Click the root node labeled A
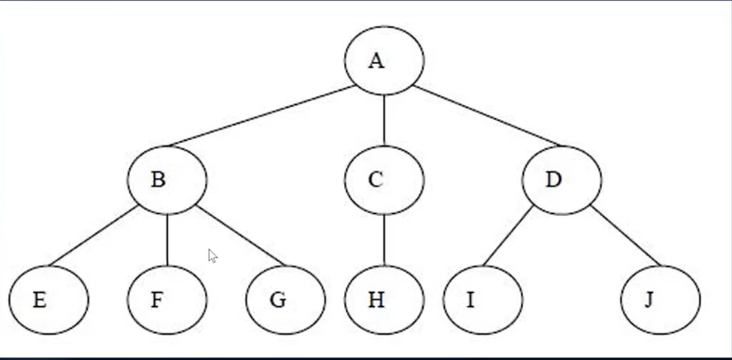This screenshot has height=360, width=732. click(384, 60)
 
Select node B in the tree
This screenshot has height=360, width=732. click(167, 180)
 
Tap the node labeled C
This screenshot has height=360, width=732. click(384, 180)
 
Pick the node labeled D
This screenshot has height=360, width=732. click(562, 180)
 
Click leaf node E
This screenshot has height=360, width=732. click(49, 300)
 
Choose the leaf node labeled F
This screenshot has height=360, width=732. click(167, 300)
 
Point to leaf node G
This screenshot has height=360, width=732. click(286, 300)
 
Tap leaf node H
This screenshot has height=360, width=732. click(384, 300)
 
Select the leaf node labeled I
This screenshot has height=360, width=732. click(483, 300)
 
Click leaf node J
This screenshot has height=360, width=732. click(660, 300)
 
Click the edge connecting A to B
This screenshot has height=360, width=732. click(262, 116)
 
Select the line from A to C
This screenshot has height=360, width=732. click(384, 120)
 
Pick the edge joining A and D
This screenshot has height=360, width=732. click(486, 116)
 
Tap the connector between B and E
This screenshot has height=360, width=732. click(94, 236)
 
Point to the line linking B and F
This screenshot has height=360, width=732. click(167, 240)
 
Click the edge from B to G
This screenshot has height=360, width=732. click(241, 236)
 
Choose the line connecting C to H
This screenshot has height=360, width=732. click(384, 240)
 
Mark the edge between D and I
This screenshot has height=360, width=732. click(508, 236)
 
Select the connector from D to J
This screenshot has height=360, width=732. click(626, 236)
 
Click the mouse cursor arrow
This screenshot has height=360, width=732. click(213, 256)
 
